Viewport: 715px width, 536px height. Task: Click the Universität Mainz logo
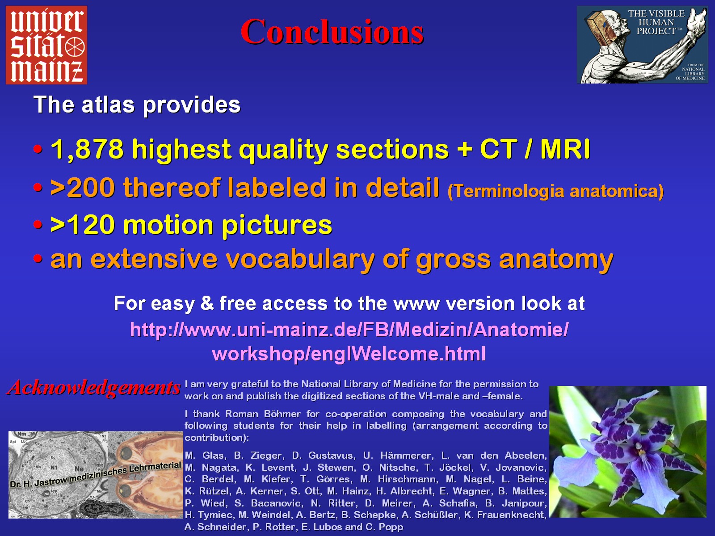pyautogui.click(x=46, y=45)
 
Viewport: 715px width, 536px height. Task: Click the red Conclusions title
pyautogui.click(x=332, y=32)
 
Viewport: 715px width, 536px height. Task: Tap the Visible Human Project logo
pyautogui.click(x=642, y=45)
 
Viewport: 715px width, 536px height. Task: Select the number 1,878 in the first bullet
pyautogui.click(x=87, y=149)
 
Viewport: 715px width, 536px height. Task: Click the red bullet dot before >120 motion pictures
pyautogui.click(x=38, y=225)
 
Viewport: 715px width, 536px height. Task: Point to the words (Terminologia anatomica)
pyautogui.click(x=555, y=191)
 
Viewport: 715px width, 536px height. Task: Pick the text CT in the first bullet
pyautogui.click(x=498, y=149)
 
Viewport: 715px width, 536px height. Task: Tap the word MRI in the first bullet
pyautogui.click(x=565, y=149)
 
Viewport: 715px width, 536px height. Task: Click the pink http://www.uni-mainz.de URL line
pyautogui.click(x=349, y=330)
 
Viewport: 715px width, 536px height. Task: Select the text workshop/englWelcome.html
pyautogui.click(x=349, y=354)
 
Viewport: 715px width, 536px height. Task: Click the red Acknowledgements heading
pyautogui.click(x=94, y=388)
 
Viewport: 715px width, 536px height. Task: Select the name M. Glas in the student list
pyautogui.click(x=205, y=456)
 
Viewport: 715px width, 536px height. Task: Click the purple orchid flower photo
pyautogui.click(x=628, y=452)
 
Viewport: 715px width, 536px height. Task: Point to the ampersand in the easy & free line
pyautogui.click(x=207, y=303)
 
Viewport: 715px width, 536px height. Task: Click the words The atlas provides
pyautogui.click(x=137, y=105)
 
